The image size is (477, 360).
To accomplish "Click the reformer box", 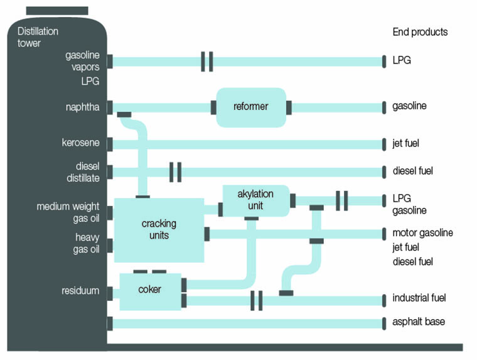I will pyautogui.click(x=250, y=107).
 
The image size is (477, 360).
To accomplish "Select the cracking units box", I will pyautogui.click(x=159, y=229).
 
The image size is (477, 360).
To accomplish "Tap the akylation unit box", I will pyautogui.click(x=256, y=200).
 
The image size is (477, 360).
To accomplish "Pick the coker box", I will pyautogui.click(x=150, y=291).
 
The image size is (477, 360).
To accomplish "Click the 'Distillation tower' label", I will pyautogui.click(x=38, y=37).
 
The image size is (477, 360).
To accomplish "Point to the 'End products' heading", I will pyautogui.click(x=420, y=32).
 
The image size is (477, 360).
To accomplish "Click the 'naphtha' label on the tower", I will pyautogui.click(x=82, y=107).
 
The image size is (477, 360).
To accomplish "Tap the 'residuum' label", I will pyautogui.click(x=80, y=291).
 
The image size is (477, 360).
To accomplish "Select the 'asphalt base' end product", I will pyautogui.click(x=419, y=322).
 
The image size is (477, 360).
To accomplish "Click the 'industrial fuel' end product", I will pyautogui.click(x=419, y=298).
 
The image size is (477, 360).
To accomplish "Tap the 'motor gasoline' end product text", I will pyautogui.click(x=422, y=233).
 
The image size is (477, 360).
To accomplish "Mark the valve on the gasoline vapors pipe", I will pyautogui.click(x=207, y=62).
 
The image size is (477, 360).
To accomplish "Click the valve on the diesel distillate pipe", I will pyautogui.click(x=176, y=172).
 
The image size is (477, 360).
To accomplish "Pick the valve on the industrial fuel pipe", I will pyautogui.click(x=256, y=300).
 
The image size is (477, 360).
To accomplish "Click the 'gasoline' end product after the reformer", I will pyautogui.click(x=409, y=106).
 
